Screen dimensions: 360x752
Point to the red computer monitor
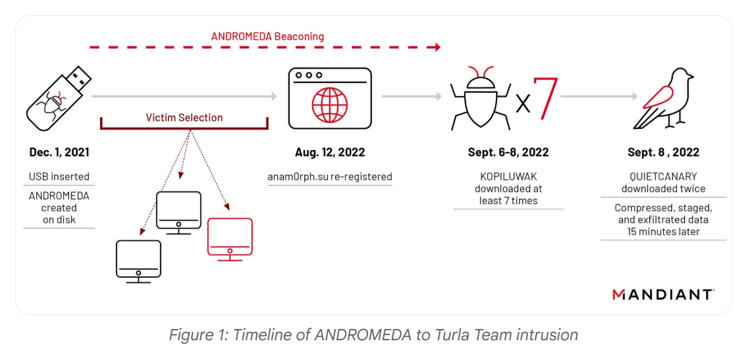point(230,236)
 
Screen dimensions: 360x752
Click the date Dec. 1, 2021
point(59,152)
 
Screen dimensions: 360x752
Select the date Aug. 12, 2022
point(330,152)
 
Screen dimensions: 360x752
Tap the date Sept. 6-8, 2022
point(508,152)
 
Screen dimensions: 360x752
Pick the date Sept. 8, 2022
point(663,152)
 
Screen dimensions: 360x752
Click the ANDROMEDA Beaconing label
point(267,36)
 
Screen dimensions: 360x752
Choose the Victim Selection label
point(184,118)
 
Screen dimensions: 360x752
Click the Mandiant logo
point(662,294)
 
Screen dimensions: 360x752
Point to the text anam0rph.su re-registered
point(330,176)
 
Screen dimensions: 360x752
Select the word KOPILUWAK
point(508,176)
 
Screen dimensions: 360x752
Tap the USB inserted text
point(59,176)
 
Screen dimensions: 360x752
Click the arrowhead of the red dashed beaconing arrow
point(437,47)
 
